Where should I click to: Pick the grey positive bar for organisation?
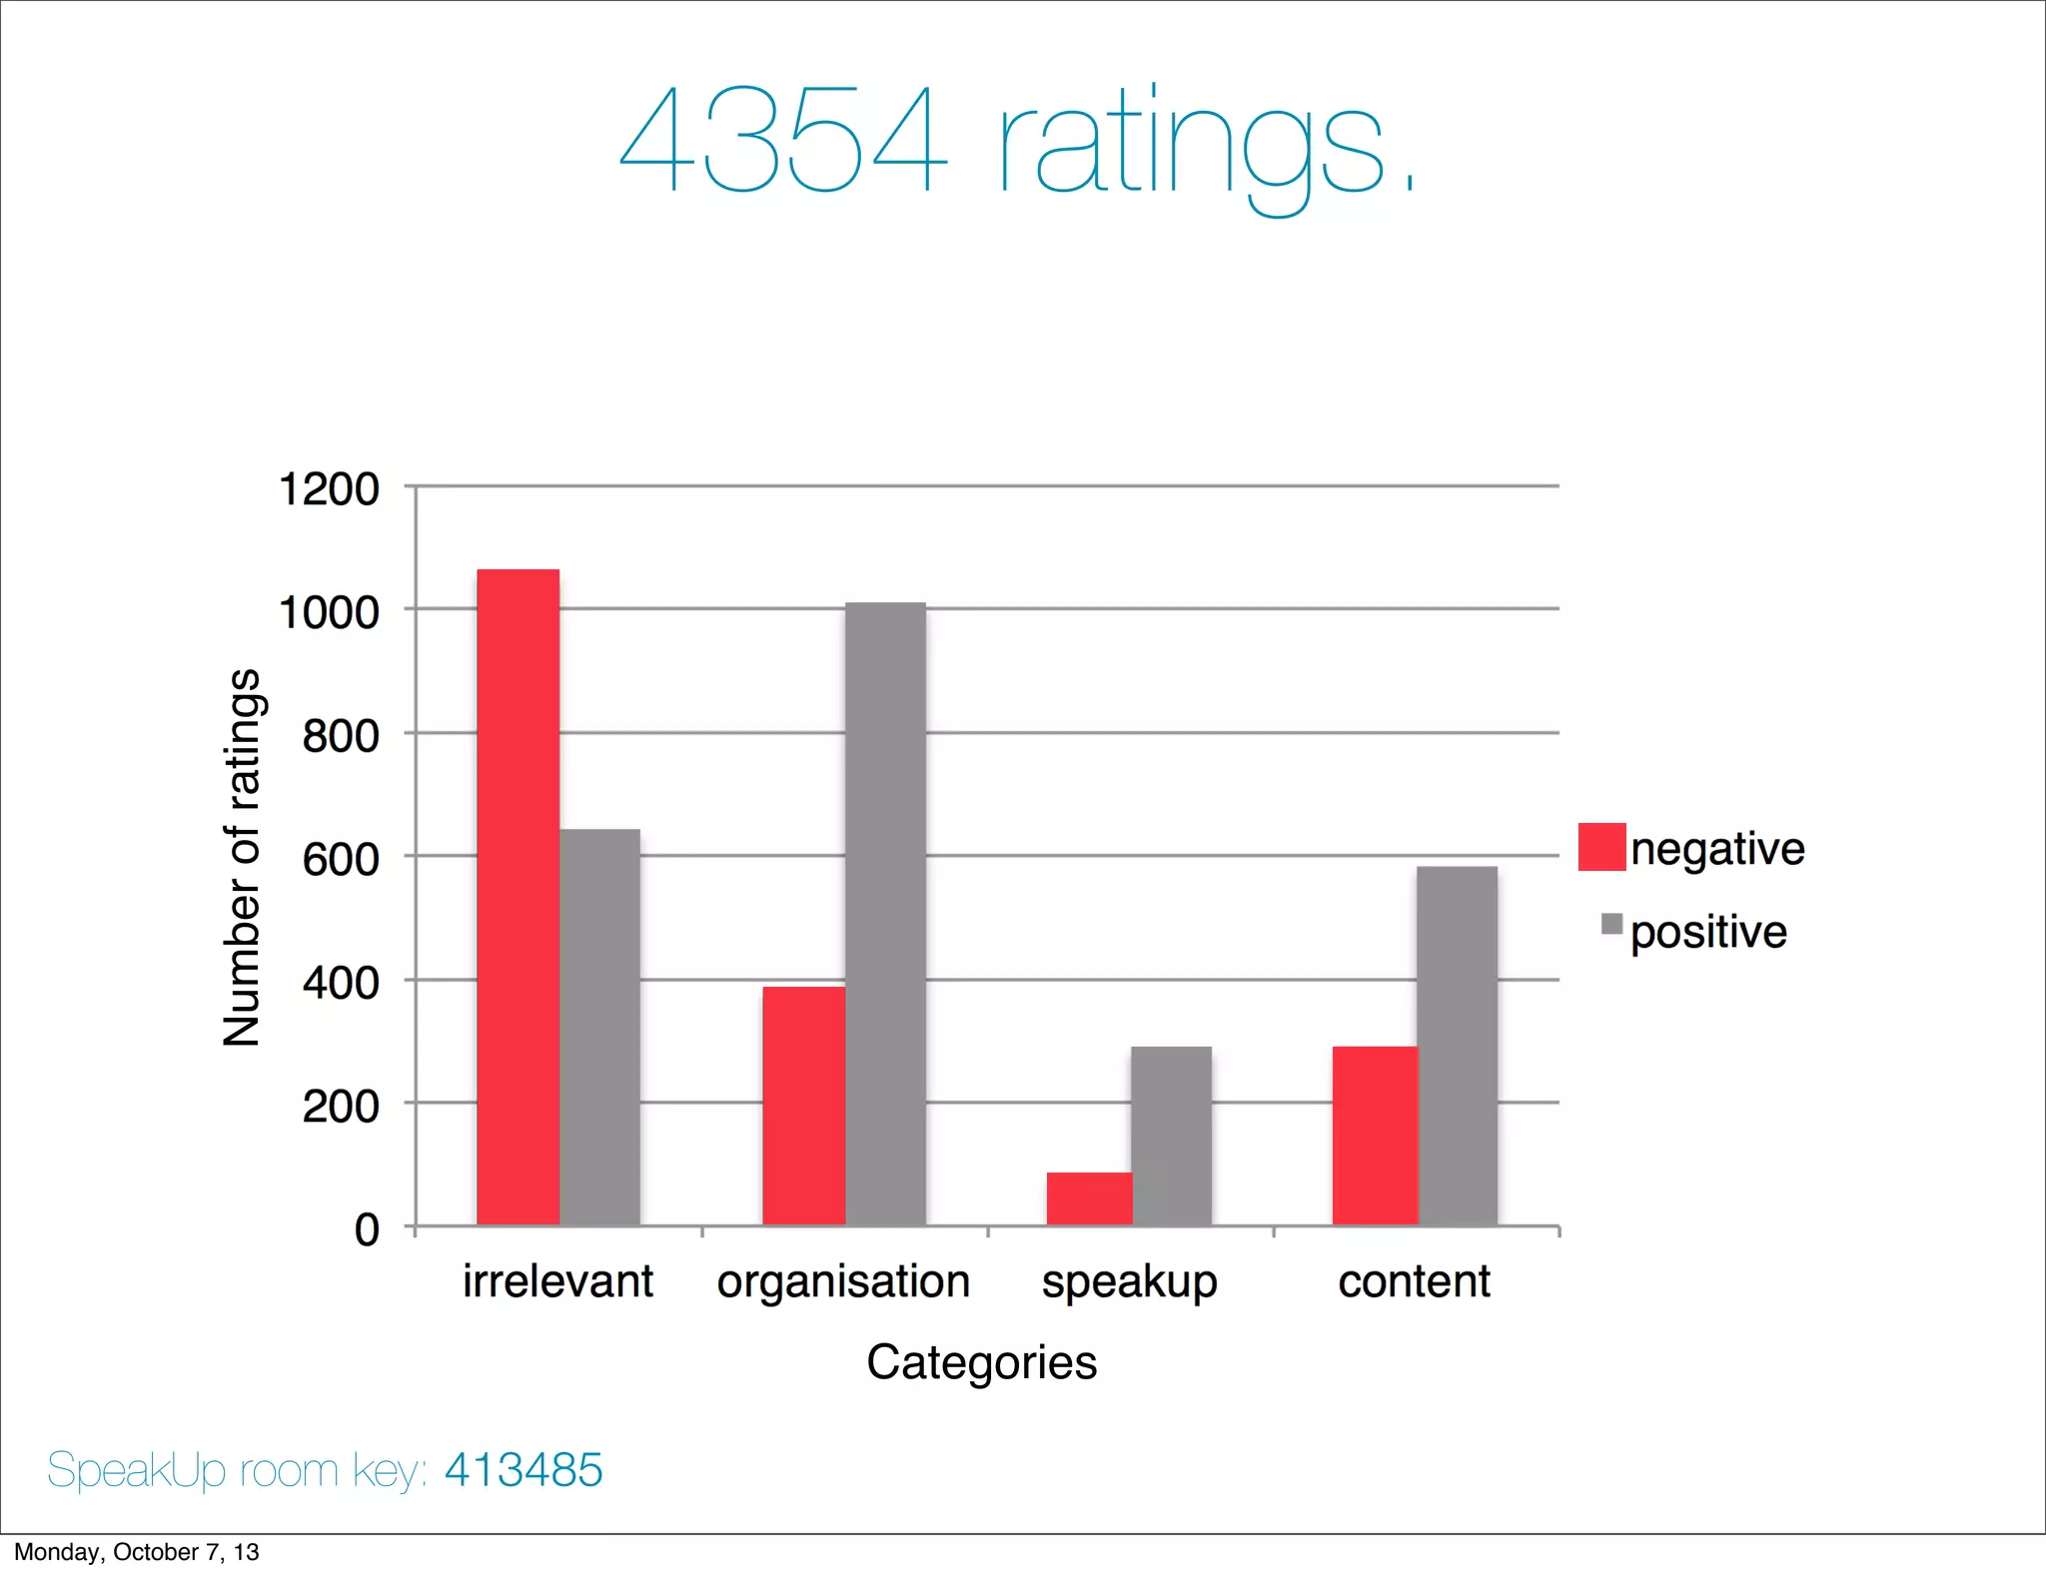[885, 914]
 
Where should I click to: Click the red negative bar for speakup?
[1089, 1198]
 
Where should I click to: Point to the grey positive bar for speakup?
[1171, 1136]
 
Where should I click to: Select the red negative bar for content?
[1375, 1136]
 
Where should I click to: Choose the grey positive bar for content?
[1457, 1046]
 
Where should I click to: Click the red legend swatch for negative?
[1601, 847]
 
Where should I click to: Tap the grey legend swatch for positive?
[1611, 924]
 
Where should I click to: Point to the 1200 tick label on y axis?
[329, 489]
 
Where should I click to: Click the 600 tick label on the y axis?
[341, 859]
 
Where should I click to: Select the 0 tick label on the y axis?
[367, 1229]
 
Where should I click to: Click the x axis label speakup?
[1129, 1281]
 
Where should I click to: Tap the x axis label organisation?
[843, 1281]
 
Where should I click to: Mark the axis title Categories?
[981, 1362]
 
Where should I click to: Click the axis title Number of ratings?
[242, 857]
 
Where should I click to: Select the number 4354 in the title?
[782, 140]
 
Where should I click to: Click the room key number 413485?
[523, 1470]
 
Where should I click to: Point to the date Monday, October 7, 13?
[136, 1552]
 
